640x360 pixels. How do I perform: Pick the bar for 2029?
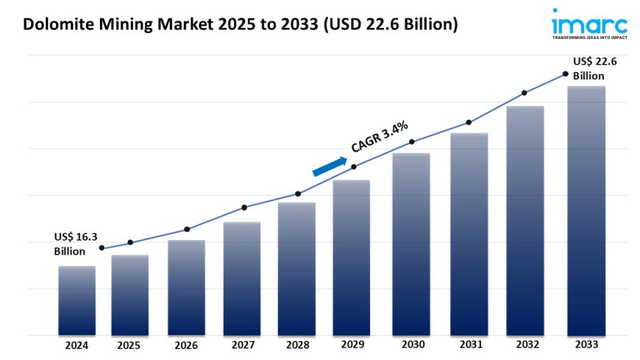352,258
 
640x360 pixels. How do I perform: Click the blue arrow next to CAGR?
330,166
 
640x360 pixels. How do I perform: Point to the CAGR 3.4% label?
380,137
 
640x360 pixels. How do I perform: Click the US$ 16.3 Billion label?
75,244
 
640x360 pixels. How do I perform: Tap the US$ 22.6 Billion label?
594,68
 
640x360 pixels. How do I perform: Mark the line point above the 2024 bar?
102,248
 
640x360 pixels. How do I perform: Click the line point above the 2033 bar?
565,74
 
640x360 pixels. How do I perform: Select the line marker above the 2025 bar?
130,242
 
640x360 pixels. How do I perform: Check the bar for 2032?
525,221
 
